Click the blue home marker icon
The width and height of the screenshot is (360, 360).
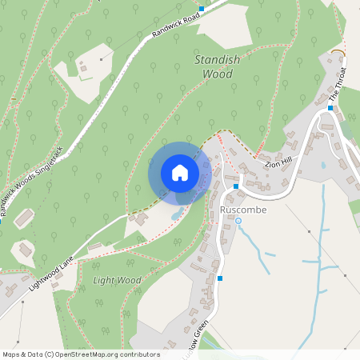[x=180, y=173]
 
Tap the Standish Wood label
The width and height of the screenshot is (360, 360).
[x=214, y=67]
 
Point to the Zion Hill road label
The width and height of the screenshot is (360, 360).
[x=278, y=164]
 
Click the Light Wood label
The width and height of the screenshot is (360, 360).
[x=117, y=281]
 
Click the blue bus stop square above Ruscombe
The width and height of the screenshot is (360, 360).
[x=236, y=186]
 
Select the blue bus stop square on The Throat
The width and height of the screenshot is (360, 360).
[x=330, y=107]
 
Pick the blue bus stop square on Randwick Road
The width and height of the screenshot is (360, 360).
[x=202, y=9]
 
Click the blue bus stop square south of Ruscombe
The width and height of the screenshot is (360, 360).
[x=220, y=278]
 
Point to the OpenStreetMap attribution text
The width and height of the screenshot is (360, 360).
[x=81, y=354]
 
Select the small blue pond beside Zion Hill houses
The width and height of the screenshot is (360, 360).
[x=322, y=165]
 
